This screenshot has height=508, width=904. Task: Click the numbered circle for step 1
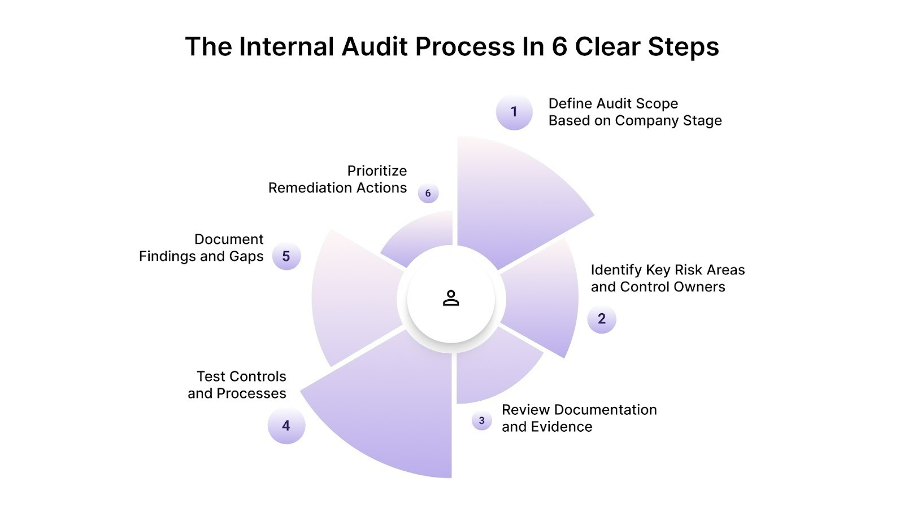tap(514, 112)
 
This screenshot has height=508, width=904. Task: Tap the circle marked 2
tap(602, 319)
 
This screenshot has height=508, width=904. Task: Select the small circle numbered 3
tap(481, 421)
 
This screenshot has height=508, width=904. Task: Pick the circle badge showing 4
tap(286, 426)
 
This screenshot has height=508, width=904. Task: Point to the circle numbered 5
tap(286, 256)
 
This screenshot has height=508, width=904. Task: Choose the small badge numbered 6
tap(428, 193)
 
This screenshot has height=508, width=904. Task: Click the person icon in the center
tap(451, 298)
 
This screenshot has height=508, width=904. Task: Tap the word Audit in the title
tap(376, 46)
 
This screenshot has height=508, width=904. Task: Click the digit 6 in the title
tap(559, 46)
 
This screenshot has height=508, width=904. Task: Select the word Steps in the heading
tap(683, 46)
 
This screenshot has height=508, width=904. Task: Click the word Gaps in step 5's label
tap(246, 256)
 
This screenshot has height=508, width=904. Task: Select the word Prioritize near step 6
tap(377, 170)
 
